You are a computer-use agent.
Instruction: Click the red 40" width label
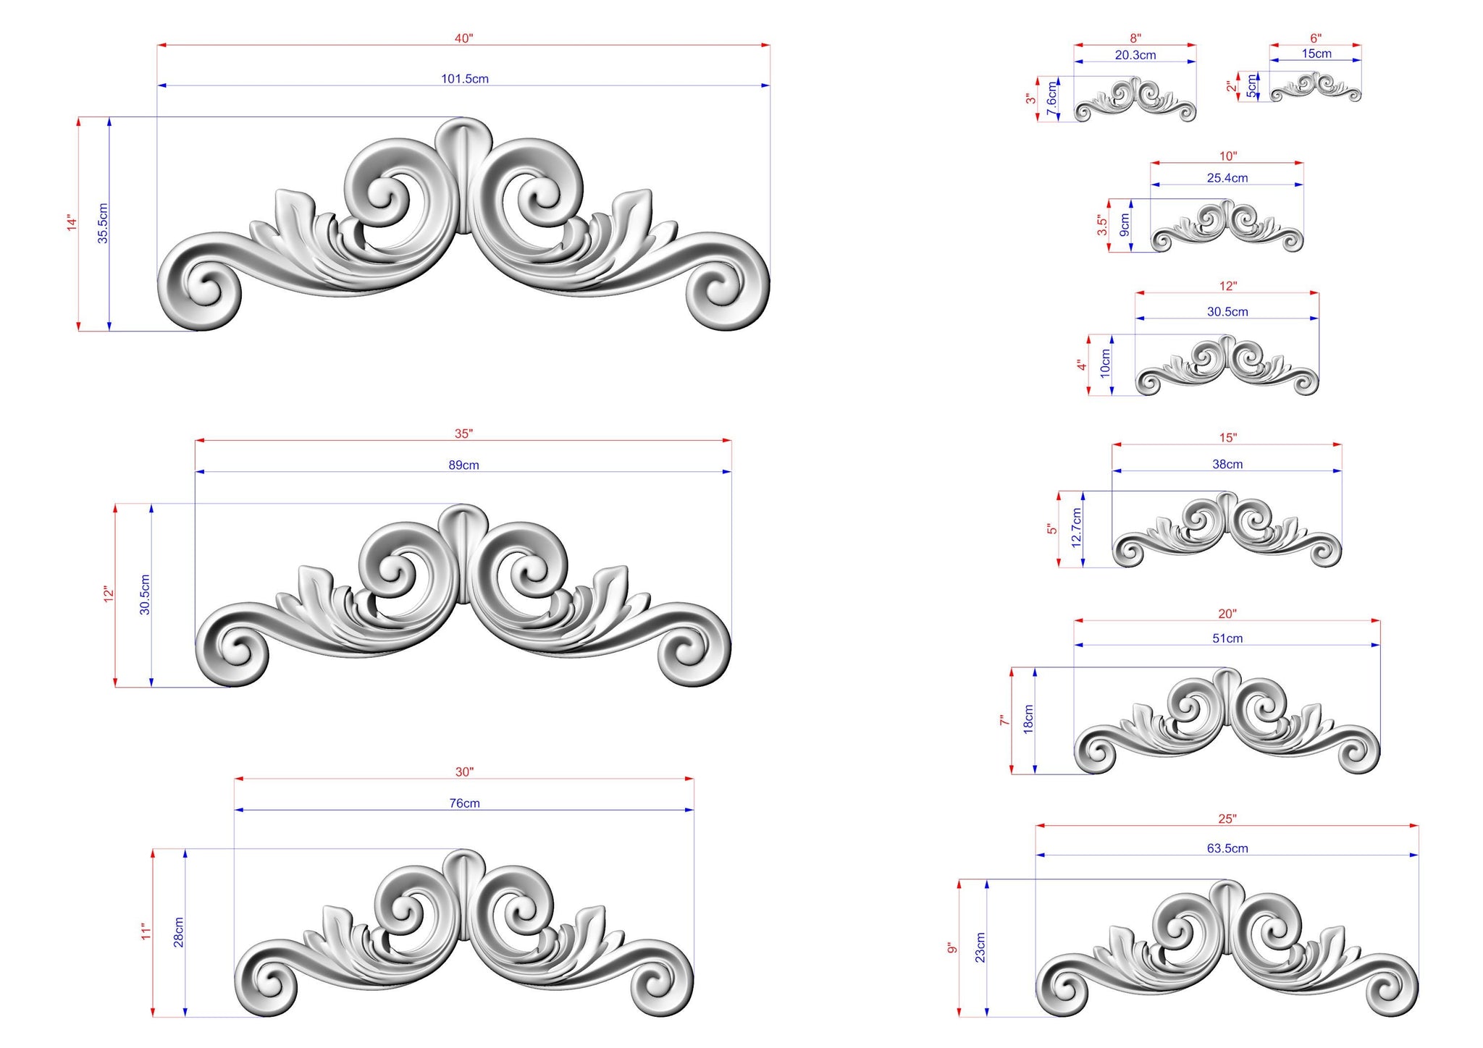coord(463,38)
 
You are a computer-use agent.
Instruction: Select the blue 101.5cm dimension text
coord(465,79)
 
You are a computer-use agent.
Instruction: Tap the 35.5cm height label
coord(103,223)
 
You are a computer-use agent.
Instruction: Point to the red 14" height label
coord(72,223)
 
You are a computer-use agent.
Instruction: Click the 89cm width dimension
coord(463,465)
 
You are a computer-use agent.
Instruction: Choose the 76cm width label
coord(464,803)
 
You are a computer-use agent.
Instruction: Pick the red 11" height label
coord(147,931)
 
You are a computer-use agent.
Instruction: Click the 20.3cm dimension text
coord(1135,55)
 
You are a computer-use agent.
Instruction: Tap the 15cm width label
coord(1316,54)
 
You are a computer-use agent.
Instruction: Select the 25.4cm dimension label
coord(1227,178)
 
